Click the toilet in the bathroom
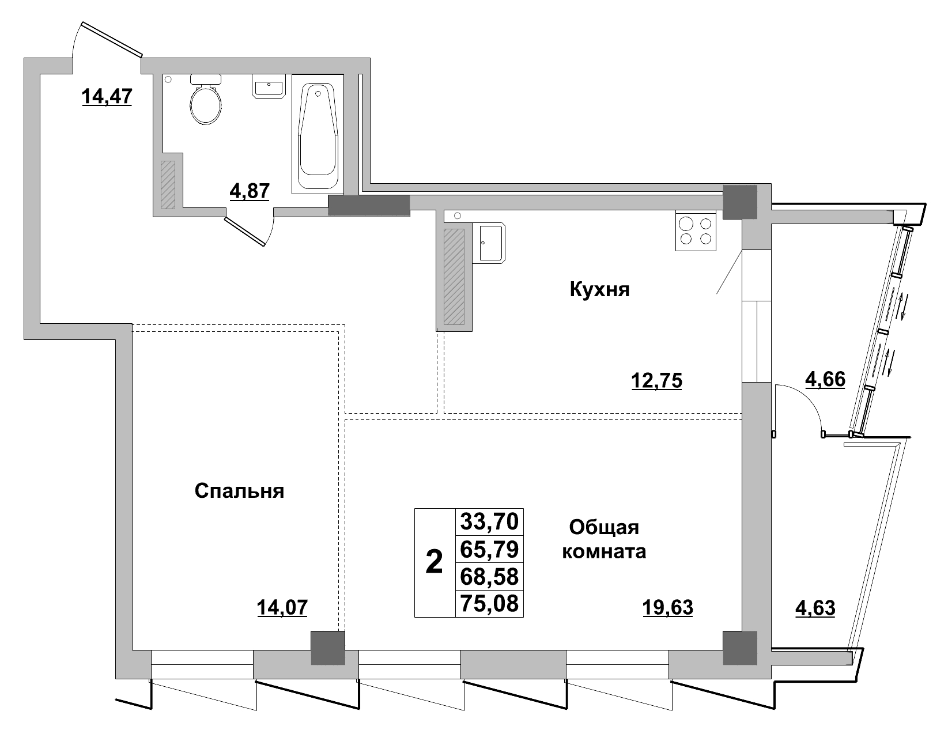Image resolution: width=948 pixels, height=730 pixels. tap(206, 102)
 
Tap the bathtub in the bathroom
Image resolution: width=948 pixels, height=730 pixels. tap(317, 135)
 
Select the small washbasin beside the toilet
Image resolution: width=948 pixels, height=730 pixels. tap(269, 87)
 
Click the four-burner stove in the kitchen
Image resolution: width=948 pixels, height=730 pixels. tap(696, 231)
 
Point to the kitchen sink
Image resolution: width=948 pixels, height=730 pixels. tap(491, 243)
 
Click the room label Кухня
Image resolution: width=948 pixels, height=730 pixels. tap(599, 289)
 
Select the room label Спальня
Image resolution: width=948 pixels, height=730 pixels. tap(239, 491)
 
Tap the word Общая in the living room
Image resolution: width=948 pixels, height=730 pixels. tap(604, 527)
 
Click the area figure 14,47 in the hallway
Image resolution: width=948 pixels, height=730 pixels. tap(107, 96)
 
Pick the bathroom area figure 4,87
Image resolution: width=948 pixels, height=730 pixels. tap(250, 190)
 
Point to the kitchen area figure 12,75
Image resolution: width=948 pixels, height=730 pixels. tap(657, 381)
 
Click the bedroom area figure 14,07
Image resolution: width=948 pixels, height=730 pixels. tap(282, 607)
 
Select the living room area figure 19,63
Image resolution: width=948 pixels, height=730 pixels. tap(667, 607)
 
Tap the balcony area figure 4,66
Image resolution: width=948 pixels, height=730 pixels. tap(825, 379)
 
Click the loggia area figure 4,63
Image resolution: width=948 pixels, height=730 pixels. tap(815, 608)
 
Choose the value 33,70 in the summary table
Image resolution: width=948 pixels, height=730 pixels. tap(489, 521)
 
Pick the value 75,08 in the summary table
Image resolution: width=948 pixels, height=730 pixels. tap(489, 603)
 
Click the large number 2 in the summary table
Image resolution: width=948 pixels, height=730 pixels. tap(435, 562)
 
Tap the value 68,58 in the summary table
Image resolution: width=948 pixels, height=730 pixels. tap(489, 576)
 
